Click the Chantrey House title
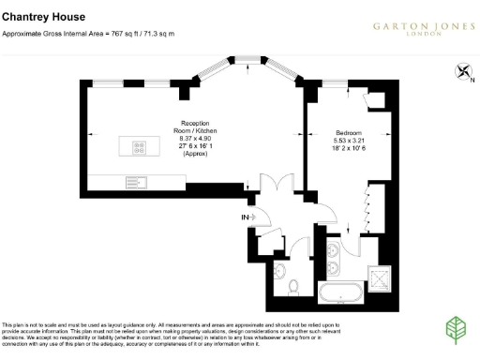pyautogui.click(x=44, y=17)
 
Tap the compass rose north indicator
pyautogui.click(x=462, y=71)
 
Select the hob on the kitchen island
pyautogui.click(x=139, y=145)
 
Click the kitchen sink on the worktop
pyautogui.click(x=132, y=180)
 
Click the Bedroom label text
pyautogui.click(x=350, y=133)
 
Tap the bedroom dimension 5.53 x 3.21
pyautogui.click(x=350, y=142)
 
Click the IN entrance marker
pyautogui.click(x=246, y=217)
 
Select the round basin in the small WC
pyautogui.click(x=280, y=269)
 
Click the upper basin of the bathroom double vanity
pyautogui.click(x=334, y=249)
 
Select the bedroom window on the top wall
pyautogui.click(x=334, y=85)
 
